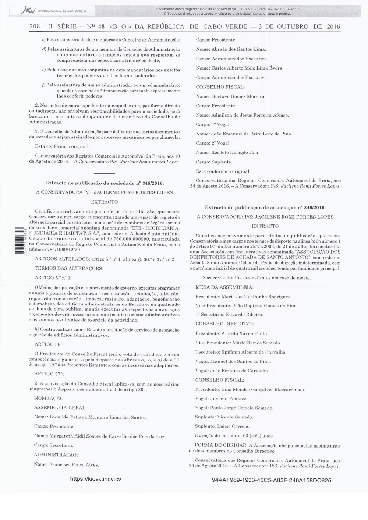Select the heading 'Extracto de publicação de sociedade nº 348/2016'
point(105,183)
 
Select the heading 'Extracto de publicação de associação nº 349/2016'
point(265,207)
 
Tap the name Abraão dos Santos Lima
point(238,49)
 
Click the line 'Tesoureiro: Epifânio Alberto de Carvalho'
point(241,352)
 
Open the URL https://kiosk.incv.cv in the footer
point(95,479)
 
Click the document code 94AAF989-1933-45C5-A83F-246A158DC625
point(272,480)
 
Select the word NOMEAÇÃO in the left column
point(50,398)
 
